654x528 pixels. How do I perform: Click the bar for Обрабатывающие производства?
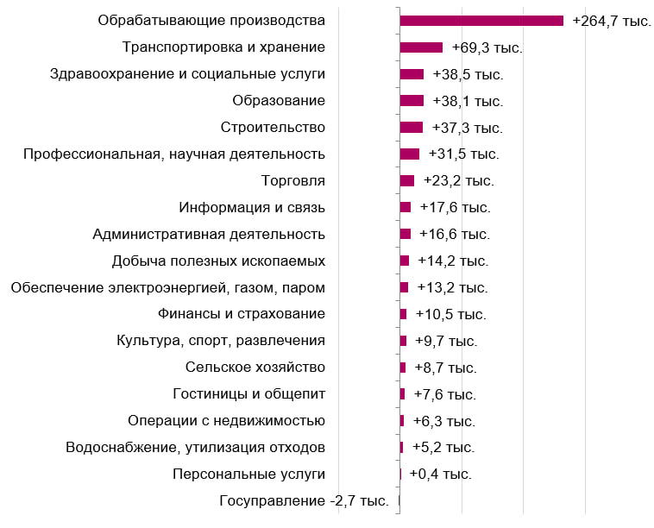481,21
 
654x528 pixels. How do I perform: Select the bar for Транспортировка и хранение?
421,47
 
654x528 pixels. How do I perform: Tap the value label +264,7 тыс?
612,21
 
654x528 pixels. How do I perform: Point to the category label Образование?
279,101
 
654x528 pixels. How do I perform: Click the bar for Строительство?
412,128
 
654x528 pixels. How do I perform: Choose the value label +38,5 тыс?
468,74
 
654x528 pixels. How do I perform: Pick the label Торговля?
292,181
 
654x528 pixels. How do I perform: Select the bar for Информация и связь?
406,208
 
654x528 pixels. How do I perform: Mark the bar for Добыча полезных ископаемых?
405,261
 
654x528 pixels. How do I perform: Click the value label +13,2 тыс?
452,287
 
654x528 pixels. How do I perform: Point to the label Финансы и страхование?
241,314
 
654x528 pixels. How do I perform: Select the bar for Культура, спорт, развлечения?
403,341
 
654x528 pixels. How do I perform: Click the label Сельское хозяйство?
255,368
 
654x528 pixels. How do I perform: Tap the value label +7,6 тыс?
444,394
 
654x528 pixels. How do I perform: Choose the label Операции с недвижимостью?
226,421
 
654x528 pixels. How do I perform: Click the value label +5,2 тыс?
443,448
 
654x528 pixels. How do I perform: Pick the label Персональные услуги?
248,475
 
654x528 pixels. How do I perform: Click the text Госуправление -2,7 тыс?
304,501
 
